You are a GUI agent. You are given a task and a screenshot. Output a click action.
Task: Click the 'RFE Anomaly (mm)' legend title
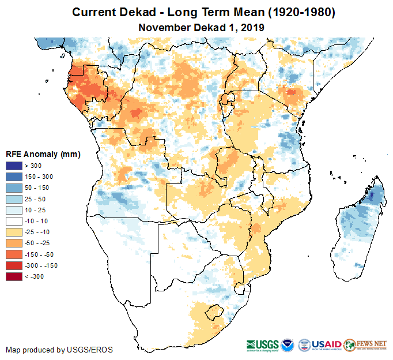(x=43, y=155)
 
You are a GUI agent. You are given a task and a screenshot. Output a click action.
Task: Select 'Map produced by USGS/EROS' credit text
(x=59, y=350)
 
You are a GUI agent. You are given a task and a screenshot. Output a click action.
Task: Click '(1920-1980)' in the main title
(x=293, y=12)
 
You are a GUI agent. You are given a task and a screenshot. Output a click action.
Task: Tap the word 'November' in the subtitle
(x=163, y=27)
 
